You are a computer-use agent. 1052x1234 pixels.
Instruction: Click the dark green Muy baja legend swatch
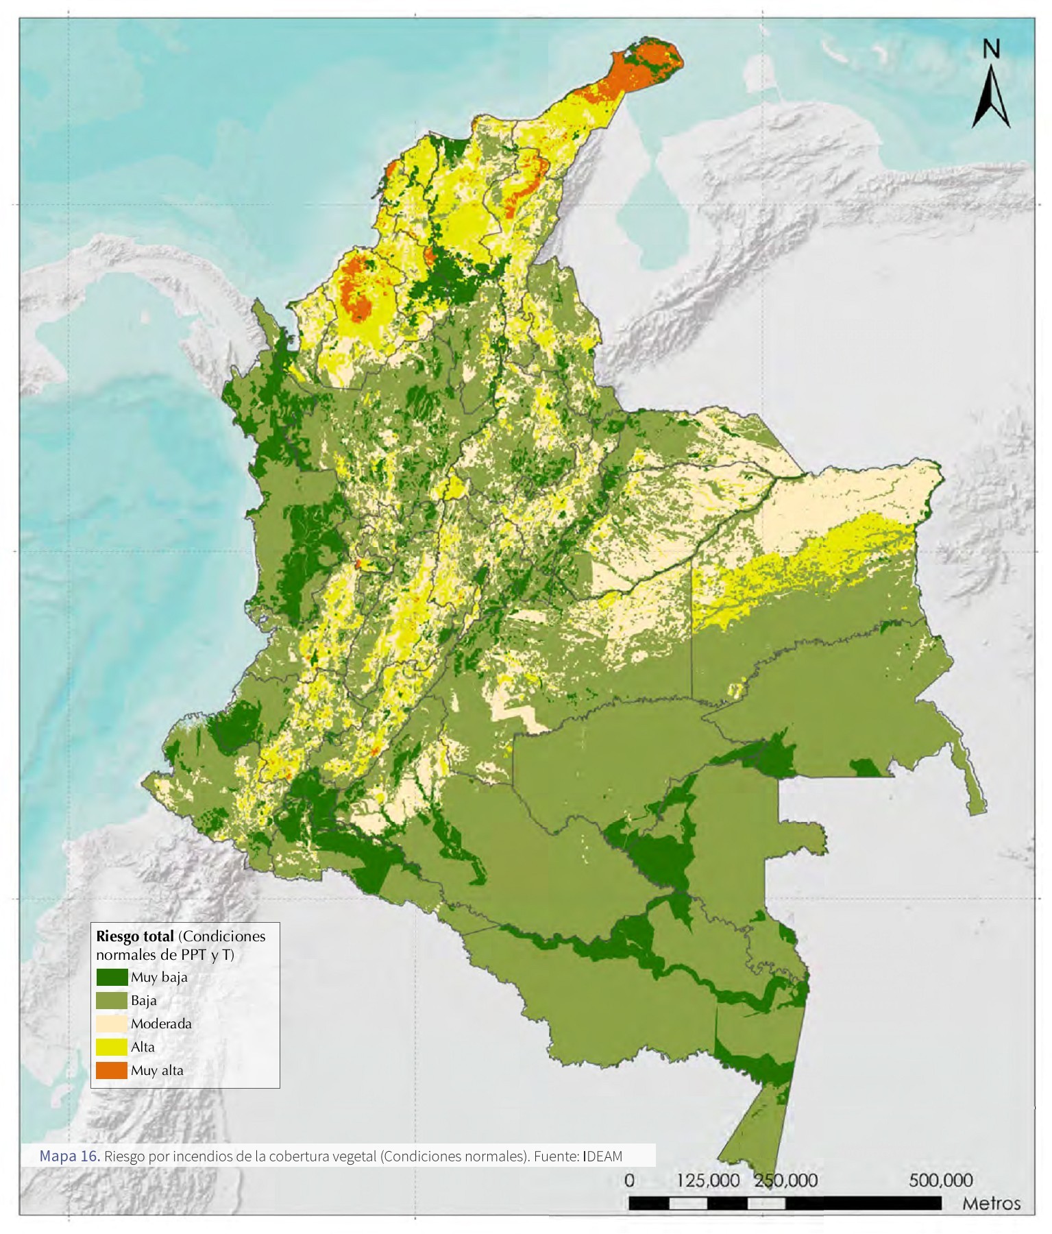pos(112,977)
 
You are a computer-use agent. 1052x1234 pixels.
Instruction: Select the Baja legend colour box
pos(112,1000)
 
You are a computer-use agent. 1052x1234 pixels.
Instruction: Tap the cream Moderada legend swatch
pos(112,1024)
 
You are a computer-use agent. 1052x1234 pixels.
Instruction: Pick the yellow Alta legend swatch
pos(112,1047)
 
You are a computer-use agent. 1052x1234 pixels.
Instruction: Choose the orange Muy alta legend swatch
pos(112,1070)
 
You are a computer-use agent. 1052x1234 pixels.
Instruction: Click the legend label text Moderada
pos(161,1024)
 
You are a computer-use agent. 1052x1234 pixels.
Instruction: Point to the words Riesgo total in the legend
pos(135,936)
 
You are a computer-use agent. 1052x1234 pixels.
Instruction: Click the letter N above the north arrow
pos(991,49)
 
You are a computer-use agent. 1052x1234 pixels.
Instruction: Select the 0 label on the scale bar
pos(630,1181)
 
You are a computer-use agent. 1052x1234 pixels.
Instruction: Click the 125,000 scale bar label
pos(708,1181)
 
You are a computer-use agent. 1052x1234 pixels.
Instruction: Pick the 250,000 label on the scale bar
pos(786,1181)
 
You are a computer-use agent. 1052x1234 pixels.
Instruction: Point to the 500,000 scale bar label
pos(941,1181)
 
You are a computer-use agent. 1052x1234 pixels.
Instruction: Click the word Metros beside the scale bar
pos(991,1204)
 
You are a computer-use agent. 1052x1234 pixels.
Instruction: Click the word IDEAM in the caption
pos(603,1157)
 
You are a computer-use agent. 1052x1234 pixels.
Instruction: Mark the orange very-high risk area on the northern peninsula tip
pos(641,65)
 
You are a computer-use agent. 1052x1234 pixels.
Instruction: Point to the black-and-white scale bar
pos(785,1203)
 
